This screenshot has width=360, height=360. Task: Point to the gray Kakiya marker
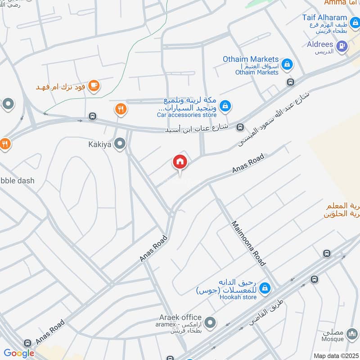120,144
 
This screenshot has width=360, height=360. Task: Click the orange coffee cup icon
94,85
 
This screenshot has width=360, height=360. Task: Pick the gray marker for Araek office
210,323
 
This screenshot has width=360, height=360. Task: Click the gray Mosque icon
351,335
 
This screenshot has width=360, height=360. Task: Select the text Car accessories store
187,115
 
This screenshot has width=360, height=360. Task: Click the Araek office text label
180,318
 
